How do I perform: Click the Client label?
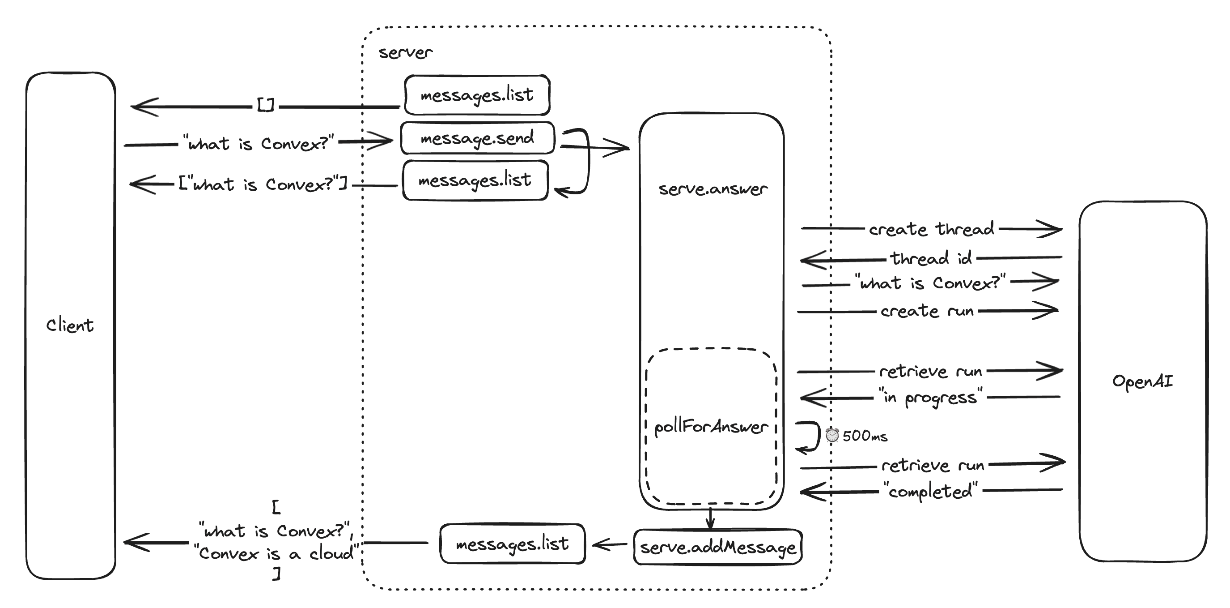70,325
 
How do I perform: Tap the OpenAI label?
1142,381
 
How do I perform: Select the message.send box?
477,138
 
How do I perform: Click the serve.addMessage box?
718,547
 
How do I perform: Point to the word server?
405,52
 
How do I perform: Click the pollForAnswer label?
711,426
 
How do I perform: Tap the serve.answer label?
713,189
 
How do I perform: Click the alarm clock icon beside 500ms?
832,435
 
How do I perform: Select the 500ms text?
865,436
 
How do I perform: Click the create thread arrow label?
931,229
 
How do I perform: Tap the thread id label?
931,259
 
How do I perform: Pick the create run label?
927,311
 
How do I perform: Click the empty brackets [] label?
266,105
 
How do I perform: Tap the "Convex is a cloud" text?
276,553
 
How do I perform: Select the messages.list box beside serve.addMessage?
512,544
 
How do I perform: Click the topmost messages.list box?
477,94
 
